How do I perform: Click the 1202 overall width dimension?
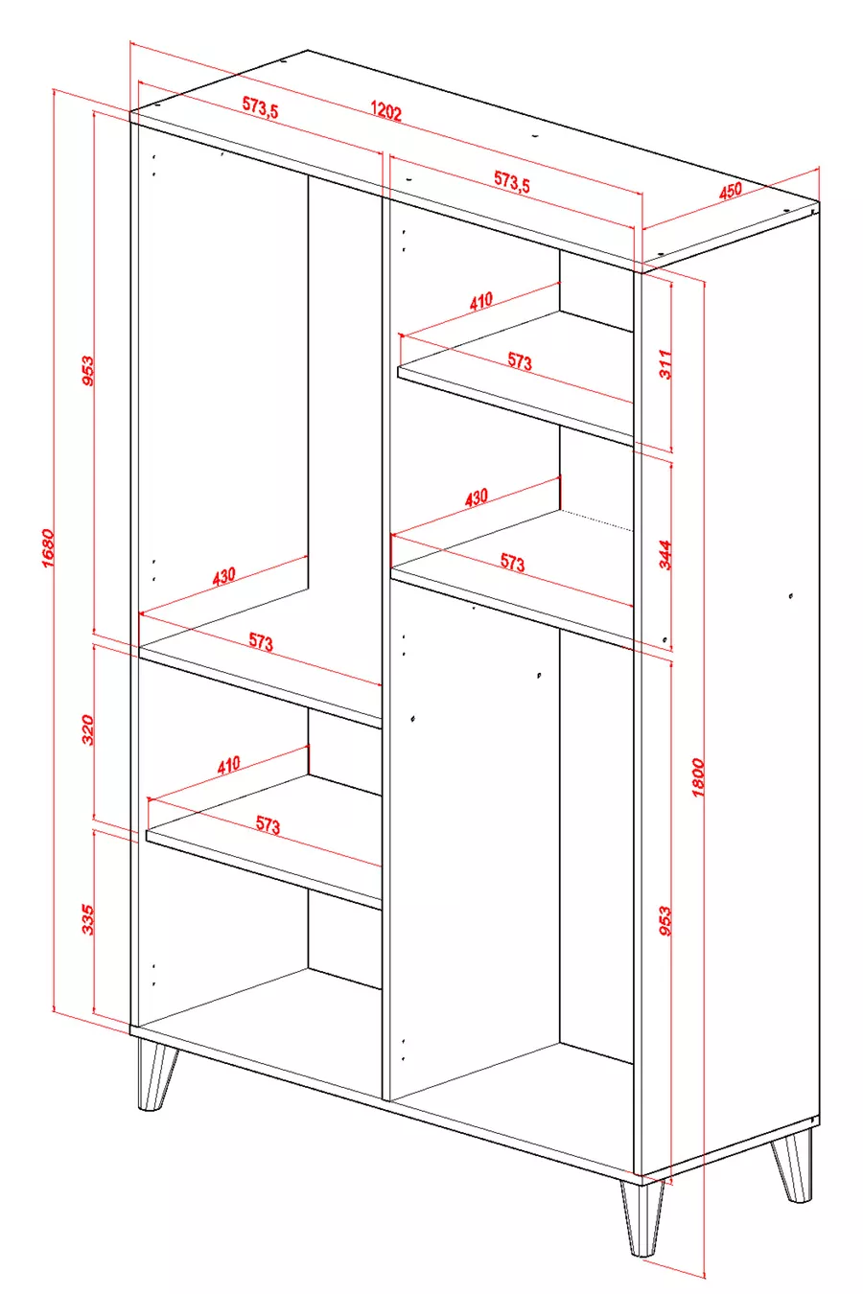tap(385, 110)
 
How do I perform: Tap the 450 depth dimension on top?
tap(730, 191)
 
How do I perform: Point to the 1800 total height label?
tap(698, 777)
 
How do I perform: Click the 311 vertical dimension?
tap(665, 364)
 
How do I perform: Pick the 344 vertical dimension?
tap(665, 555)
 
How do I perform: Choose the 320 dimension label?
tap(87, 730)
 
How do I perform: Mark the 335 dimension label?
tap(87, 919)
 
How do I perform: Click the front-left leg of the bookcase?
tap(154, 1075)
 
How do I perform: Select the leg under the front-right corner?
tap(641, 1217)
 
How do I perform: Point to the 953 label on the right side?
tap(665, 921)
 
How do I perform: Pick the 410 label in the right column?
tap(481, 301)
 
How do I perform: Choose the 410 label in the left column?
tap(228, 766)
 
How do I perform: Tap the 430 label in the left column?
tap(223, 576)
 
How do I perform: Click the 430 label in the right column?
tap(477, 497)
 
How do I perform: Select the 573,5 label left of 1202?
tap(260, 106)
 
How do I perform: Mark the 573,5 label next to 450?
tap(511, 181)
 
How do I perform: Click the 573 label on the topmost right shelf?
tap(520, 361)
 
